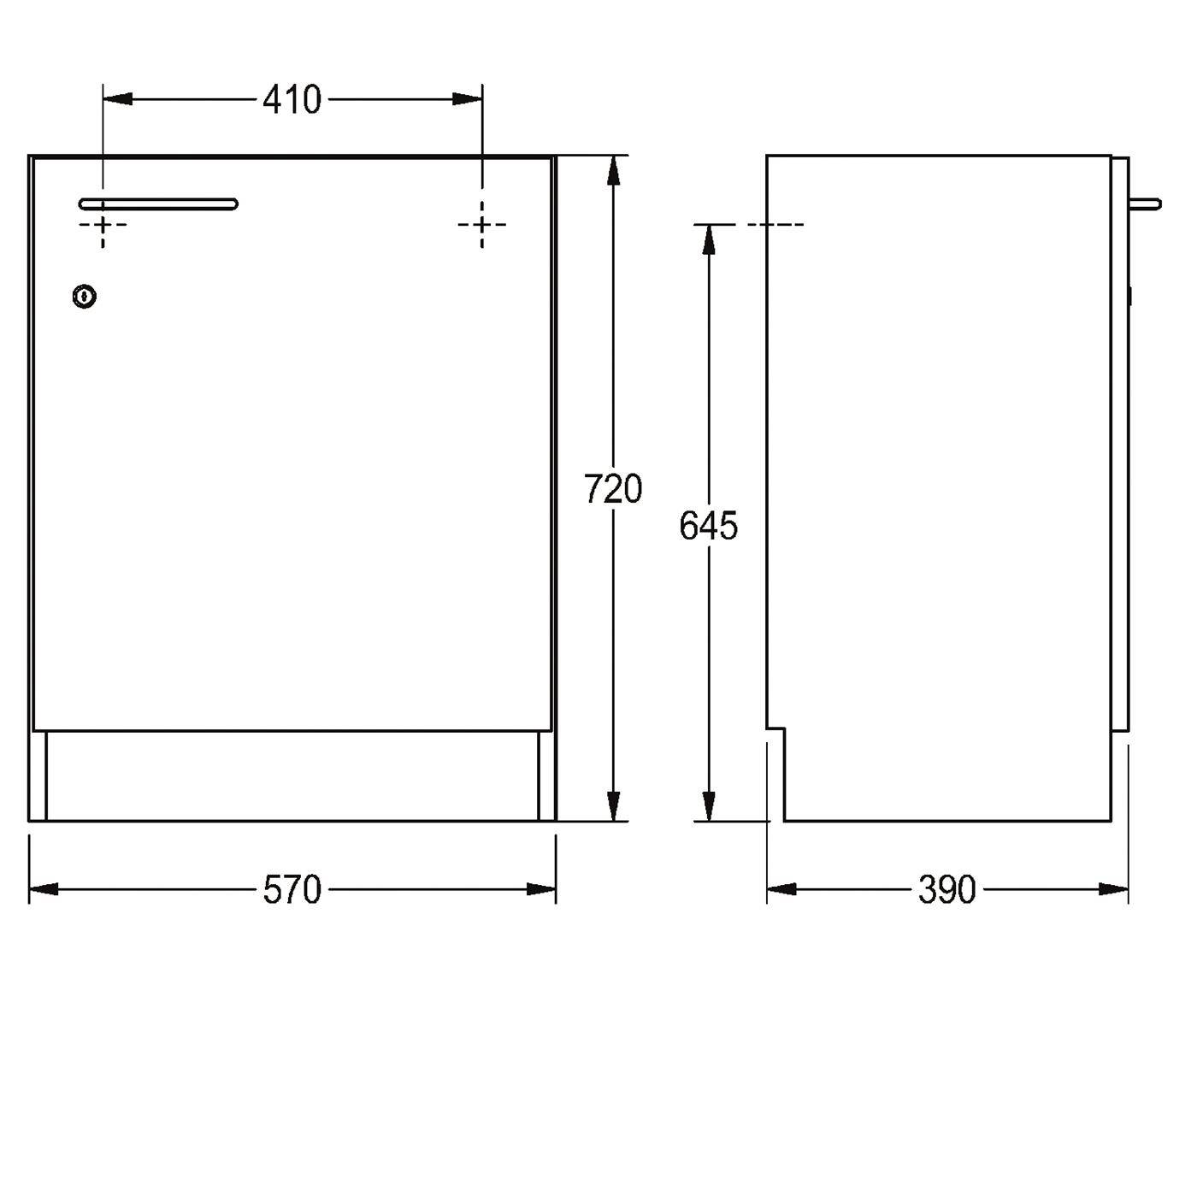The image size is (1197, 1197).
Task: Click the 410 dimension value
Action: [x=292, y=99]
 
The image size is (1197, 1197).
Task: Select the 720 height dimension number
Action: [x=612, y=489]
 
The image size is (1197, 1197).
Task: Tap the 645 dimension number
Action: [x=708, y=526]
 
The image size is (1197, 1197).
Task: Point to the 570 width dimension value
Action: [x=292, y=889]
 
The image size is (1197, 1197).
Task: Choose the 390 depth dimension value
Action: [x=946, y=889]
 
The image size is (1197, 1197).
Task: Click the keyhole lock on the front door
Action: [x=85, y=297]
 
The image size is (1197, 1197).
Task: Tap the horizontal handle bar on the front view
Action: [x=158, y=203]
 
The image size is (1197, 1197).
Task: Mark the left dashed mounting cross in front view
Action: [x=103, y=224]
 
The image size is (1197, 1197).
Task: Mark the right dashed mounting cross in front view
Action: [x=482, y=224]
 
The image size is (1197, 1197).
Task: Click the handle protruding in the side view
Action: [x=1145, y=203]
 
